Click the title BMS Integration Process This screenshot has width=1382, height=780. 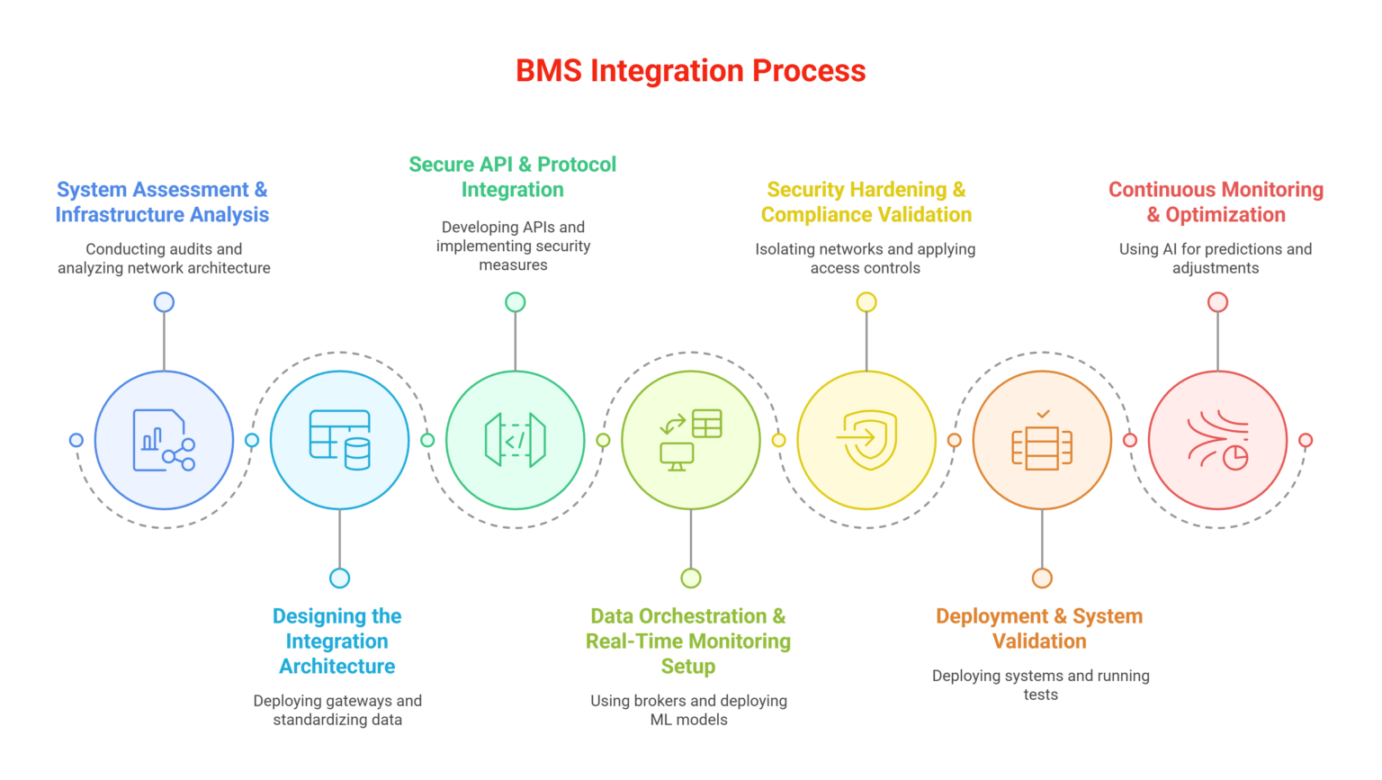tap(690, 71)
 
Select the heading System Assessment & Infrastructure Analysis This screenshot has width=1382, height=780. tap(162, 202)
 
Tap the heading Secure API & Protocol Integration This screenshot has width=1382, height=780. tap(513, 177)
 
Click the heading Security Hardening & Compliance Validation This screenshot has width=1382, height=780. tap(866, 202)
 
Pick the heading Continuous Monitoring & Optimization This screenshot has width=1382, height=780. tap(1216, 202)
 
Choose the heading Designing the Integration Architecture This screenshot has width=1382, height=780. tap(337, 641)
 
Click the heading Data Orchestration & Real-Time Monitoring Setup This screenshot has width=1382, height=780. tap(688, 641)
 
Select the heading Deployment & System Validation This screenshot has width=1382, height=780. tap(1039, 629)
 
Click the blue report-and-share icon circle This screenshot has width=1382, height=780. tap(164, 440)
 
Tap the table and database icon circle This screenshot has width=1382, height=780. tap(339, 440)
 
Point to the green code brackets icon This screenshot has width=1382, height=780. tap(515, 440)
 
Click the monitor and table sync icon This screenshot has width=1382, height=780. tap(690, 440)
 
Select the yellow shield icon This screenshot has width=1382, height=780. tap(866, 440)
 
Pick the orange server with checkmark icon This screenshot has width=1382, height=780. tap(1042, 440)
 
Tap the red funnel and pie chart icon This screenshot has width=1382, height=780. tap(1217, 440)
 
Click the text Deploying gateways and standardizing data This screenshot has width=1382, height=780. tap(337, 711)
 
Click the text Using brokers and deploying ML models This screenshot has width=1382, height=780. tap(688, 711)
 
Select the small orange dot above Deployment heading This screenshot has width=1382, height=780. tap(1042, 578)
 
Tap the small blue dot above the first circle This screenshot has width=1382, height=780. tap(164, 302)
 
